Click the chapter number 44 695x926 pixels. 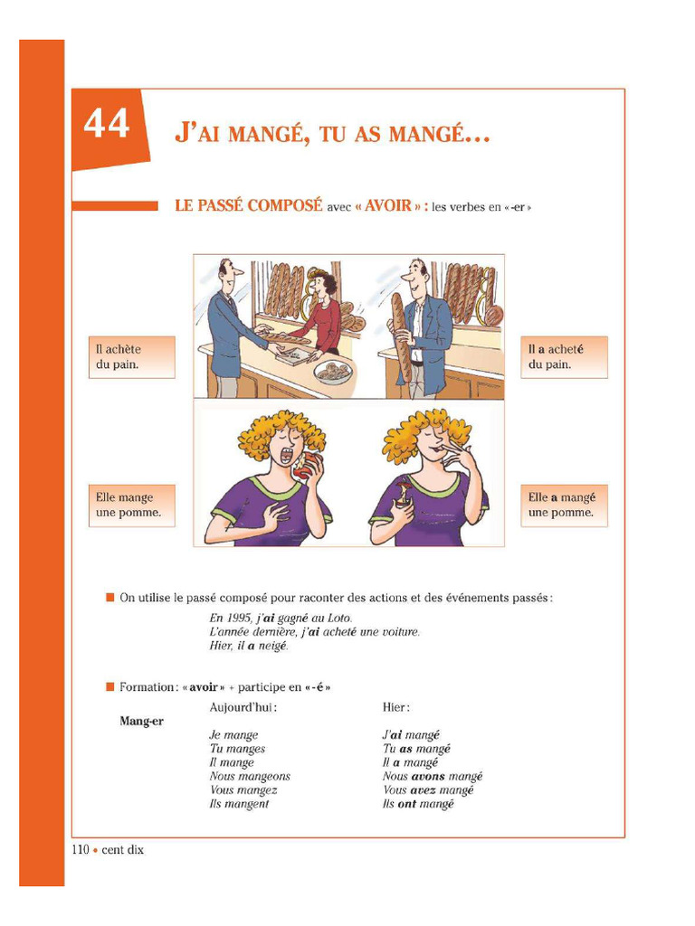tap(107, 124)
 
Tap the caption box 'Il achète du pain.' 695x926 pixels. tap(131, 356)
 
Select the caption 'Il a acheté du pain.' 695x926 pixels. tap(563, 356)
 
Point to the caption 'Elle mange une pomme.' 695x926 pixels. tap(131, 505)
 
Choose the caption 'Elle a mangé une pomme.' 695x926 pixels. tap(563, 505)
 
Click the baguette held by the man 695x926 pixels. tap(398, 335)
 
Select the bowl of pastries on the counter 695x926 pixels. tap(332, 372)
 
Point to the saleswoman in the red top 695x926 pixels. tap(321, 312)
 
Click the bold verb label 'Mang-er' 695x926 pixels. tap(141, 721)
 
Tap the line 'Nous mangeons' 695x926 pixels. tap(250, 776)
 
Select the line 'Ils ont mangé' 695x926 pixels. tap(418, 804)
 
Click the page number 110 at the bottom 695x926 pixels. tap(80, 850)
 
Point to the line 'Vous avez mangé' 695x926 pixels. tap(428, 789)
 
